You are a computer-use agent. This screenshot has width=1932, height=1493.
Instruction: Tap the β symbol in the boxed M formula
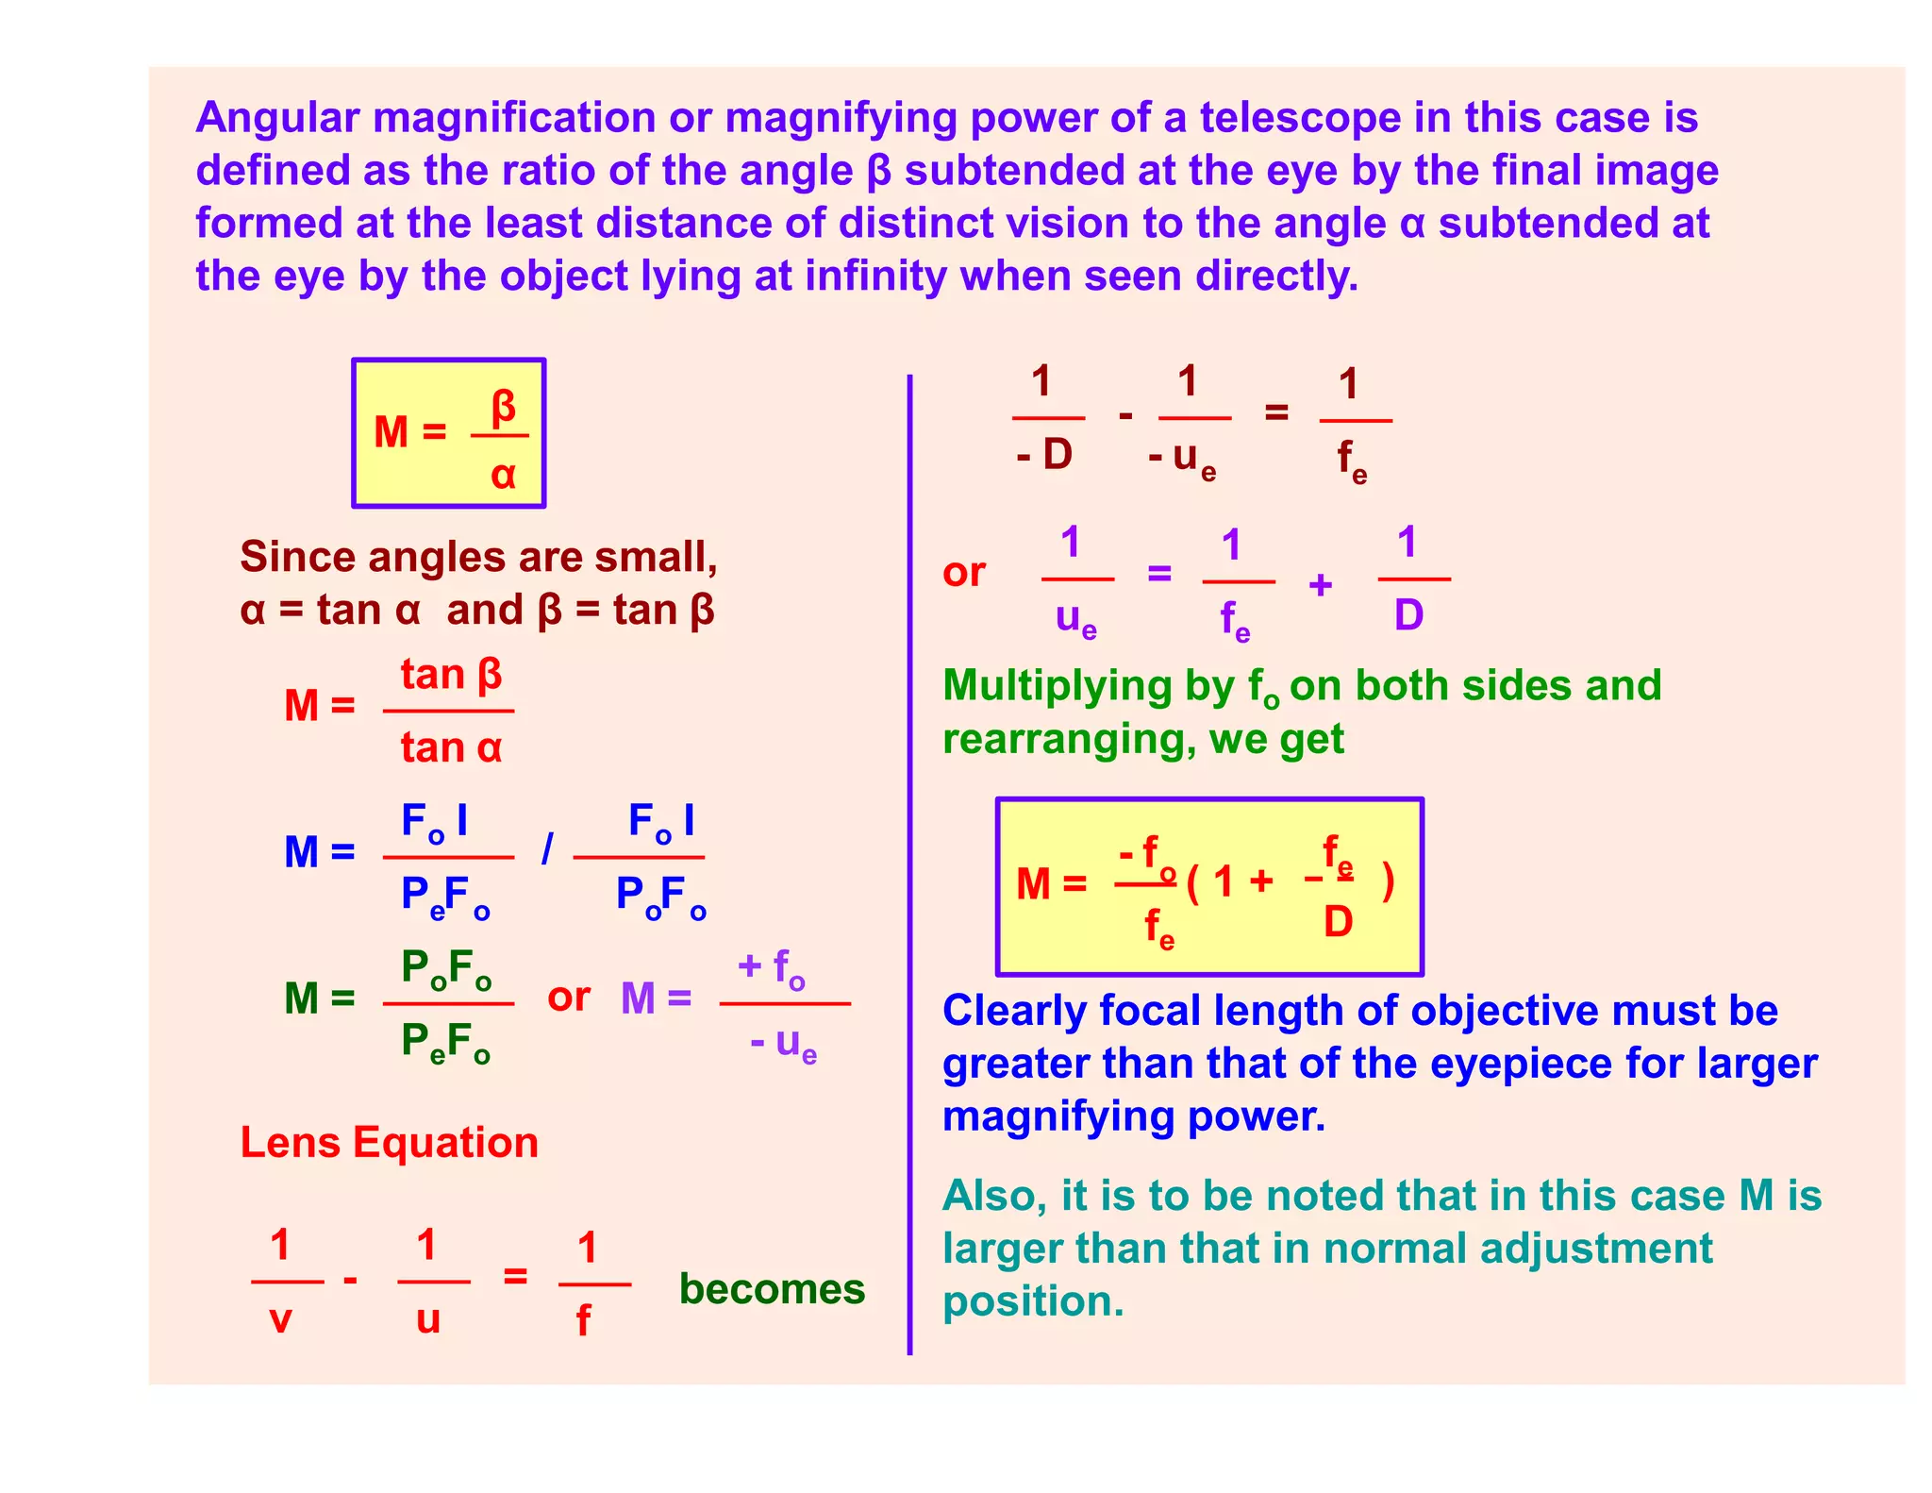[503, 407]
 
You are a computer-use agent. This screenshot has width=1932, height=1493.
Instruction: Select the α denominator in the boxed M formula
[503, 474]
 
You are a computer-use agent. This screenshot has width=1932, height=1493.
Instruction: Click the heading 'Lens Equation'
[389, 1143]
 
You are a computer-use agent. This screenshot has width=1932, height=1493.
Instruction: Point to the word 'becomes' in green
[772, 1289]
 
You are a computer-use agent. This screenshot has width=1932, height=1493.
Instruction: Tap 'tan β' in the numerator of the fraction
[451, 676]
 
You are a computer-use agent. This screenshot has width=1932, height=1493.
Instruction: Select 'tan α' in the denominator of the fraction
[451, 748]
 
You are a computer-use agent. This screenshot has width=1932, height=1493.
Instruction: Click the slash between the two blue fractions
[547, 849]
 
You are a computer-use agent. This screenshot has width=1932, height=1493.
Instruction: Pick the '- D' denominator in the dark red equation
[1045, 455]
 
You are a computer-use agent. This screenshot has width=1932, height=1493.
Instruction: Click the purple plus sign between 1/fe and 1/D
[1321, 585]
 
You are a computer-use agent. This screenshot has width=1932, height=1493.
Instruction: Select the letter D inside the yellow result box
[1338, 921]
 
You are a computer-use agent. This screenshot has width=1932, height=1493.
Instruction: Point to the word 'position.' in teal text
[1033, 1302]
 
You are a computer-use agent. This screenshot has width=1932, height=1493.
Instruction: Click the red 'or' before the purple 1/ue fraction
[964, 573]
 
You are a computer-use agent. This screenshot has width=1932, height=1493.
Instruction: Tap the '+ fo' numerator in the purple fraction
[772, 966]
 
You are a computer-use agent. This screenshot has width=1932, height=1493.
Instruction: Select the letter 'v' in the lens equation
[280, 1319]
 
